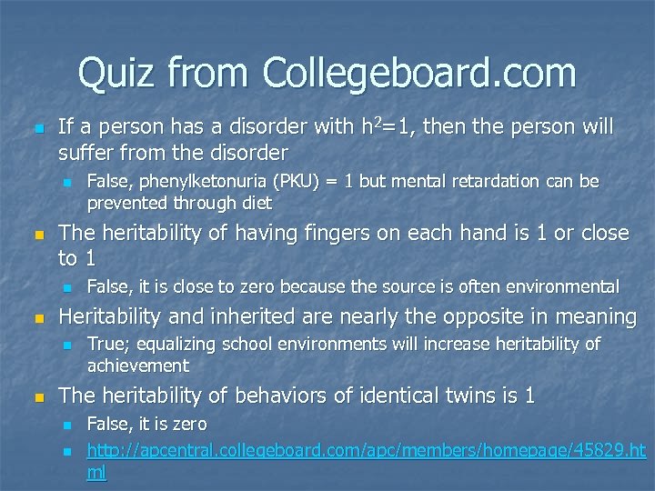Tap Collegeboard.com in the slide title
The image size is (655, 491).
point(419,74)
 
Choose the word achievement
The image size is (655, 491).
point(138,366)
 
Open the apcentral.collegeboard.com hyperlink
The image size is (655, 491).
point(364,450)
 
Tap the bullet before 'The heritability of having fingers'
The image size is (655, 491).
point(36,235)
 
